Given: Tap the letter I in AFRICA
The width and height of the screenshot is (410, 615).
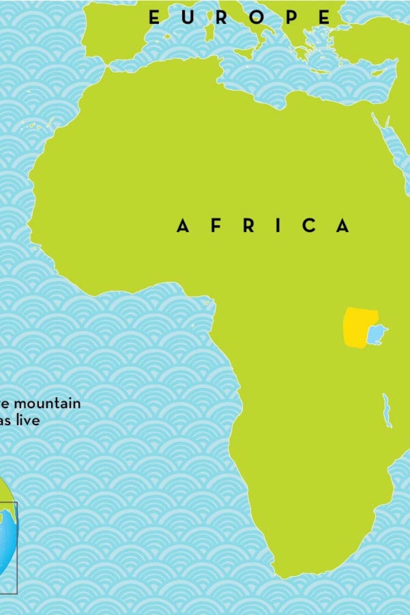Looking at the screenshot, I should pyautogui.click(x=278, y=225).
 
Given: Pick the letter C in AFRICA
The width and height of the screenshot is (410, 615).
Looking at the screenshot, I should pyautogui.click(x=309, y=225).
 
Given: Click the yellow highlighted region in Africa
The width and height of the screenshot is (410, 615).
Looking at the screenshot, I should pyautogui.click(x=356, y=327).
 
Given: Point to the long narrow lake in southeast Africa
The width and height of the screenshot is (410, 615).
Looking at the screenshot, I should pyautogui.click(x=387, y=411).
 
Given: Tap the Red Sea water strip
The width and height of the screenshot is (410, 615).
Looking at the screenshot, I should pyautogui.click(x=392, y=147).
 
